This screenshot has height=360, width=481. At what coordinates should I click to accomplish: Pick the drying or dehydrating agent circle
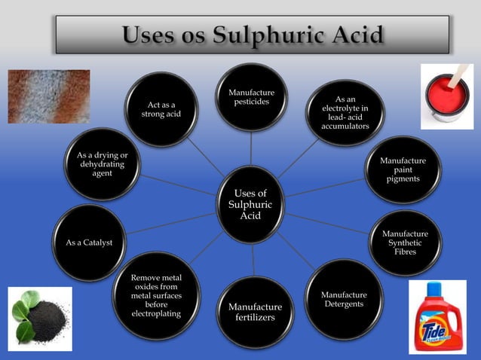103,163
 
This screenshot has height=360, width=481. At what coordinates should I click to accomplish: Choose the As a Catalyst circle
90,242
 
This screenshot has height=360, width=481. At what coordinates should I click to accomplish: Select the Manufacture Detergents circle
344,299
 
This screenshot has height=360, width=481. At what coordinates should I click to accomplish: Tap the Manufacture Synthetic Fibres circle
404,243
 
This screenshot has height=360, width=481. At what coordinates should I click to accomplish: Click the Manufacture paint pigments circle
402,170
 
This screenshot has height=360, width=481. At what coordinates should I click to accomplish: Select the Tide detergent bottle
437,316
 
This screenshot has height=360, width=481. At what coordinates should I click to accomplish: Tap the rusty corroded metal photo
48,96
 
